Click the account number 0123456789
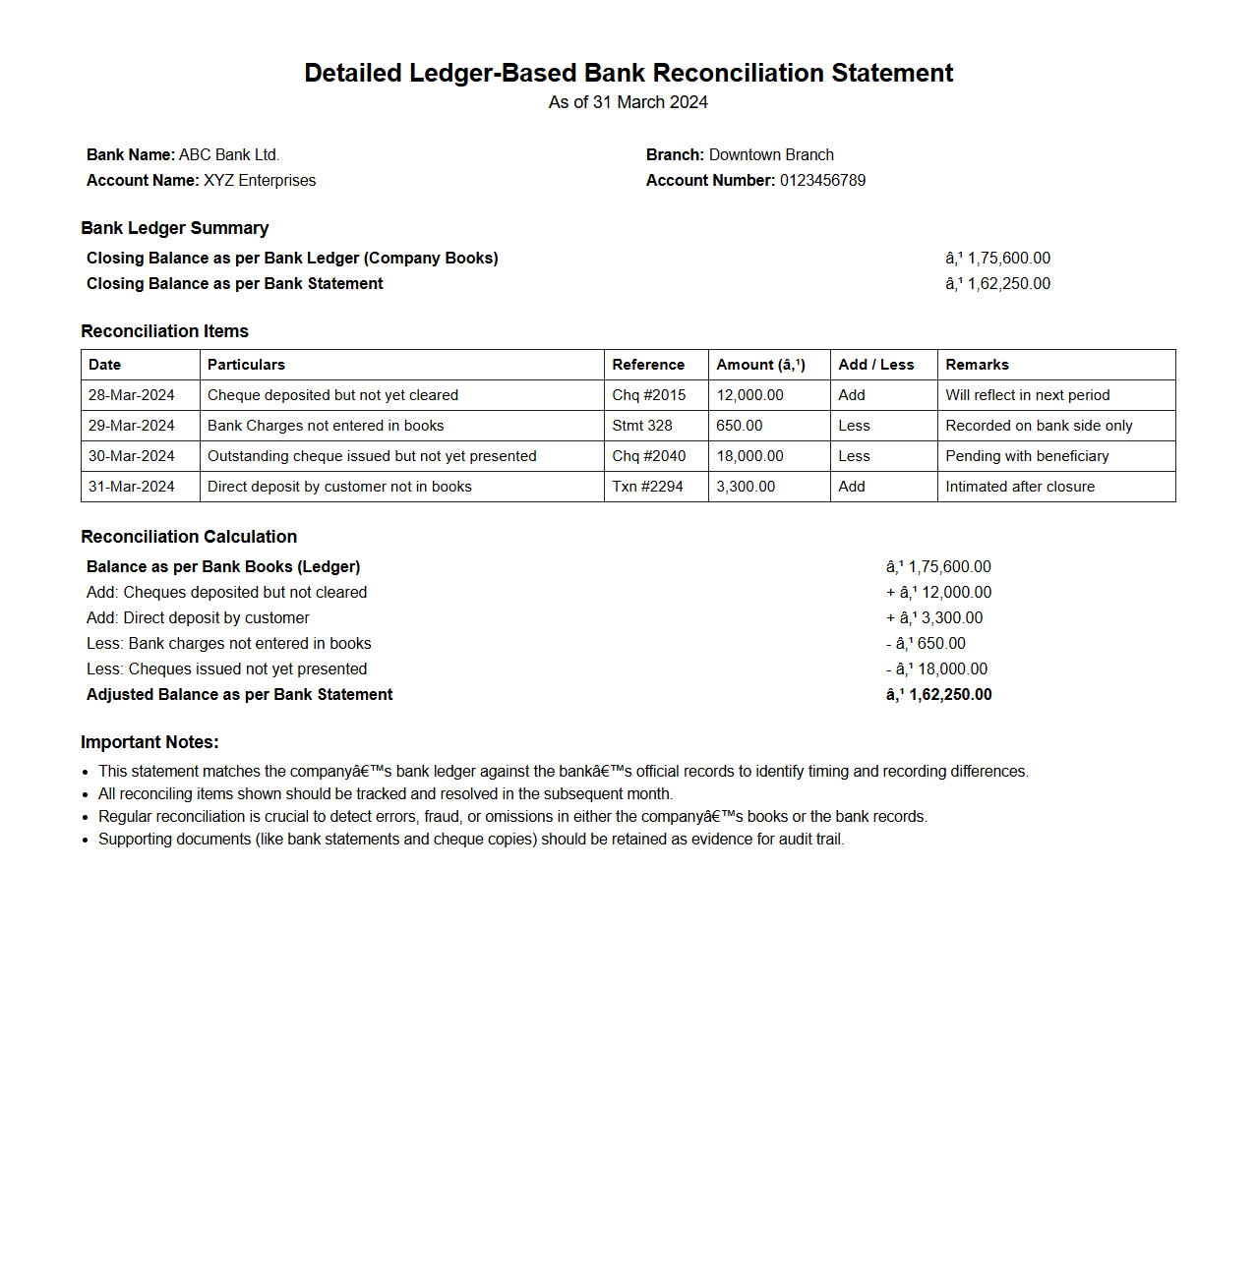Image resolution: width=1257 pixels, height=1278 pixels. [x=822, y=181]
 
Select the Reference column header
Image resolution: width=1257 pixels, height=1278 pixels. [x=648, y=365]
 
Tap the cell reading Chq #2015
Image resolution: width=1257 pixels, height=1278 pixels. [x=649, y=395]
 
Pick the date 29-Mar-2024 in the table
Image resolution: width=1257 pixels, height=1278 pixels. [x=132, y=426]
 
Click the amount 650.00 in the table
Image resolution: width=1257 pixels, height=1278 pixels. [x=740, y=426]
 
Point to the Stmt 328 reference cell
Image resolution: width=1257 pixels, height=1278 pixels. [x=642, y=426]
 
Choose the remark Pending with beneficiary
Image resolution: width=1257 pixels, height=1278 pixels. [x=1027, y=456]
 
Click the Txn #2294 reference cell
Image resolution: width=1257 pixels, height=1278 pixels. [x=647, y=487]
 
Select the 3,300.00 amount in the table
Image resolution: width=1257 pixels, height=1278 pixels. [x=746, y=487]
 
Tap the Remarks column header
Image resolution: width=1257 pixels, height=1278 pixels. [x=977, y=365]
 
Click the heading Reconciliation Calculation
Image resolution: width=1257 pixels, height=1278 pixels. [x=189, y=537]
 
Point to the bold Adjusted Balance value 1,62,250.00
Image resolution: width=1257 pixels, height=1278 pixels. [x=949, y=695]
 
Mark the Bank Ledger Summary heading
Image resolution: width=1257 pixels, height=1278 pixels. [x=175, y=228]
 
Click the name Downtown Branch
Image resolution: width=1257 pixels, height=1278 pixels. [x=771, y=155]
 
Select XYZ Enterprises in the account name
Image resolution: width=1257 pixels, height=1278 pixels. [x=260, y=181]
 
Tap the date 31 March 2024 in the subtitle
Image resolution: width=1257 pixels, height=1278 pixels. [x=650, y=102]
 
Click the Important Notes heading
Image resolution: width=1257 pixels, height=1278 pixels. [x=150, y=742]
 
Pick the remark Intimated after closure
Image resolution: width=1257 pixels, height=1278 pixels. [x=1020, y=487]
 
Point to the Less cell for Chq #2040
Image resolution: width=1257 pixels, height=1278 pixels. [x=854, y=456]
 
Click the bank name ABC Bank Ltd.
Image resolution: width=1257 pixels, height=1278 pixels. [x=229, y=155]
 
